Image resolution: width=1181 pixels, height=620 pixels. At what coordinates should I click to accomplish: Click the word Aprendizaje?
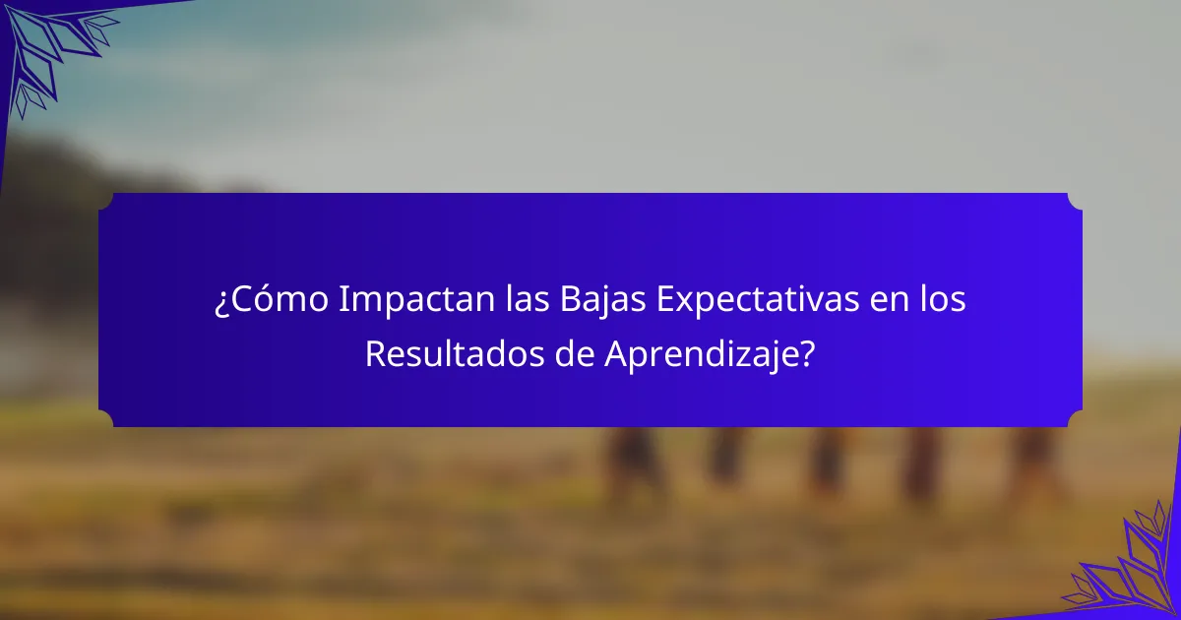click(x=709, y=354)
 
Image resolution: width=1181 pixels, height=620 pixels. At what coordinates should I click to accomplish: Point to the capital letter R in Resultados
click(x=373, y=354)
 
